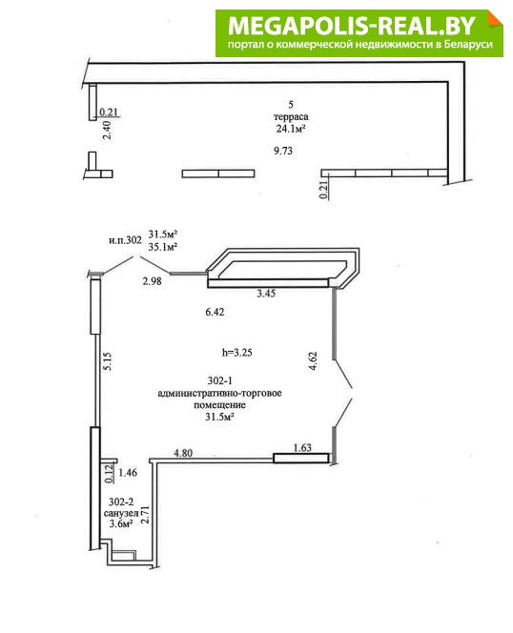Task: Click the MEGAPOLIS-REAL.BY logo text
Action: pyautogui.click(x=352, y=25)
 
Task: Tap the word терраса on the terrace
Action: pyautogui.click(x=291, y=116)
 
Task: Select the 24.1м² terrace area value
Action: pyautogui.click(x=291, y=129)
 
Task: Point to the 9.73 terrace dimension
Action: pyautogui.click(x=283, y=151)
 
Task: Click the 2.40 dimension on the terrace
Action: pyautogui.click(x=108, y=131)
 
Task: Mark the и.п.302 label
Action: pyautogui.click(x=125, y=240)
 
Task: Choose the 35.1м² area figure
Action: pyautogui.click(x=163, y=247)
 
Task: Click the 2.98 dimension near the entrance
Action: pyautogui.click(x=152, y=281)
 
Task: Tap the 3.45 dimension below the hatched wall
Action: pyautogui.click(x=266, y=294)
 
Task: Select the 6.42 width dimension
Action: pyautogui.click(x=215, y=312)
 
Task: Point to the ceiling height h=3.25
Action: pyautogui.click(x=237, y=353)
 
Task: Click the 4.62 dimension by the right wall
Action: pyautogui.click(x=313, y=361)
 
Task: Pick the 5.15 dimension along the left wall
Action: pyautogui.click(x=108, y=361)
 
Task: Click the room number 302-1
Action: pyautogui.click(x=219, y=380)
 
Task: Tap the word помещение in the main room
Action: pyautogui.click(x=219, y=405)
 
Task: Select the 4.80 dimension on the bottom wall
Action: pyautogui.click(x=183, y=453)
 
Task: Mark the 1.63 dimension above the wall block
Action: pyautogui.click(x=302, y=447)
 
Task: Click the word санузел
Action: pyautogui.click(x=121, y=513)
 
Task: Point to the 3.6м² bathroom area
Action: pyautogui.click(x=121, y=524)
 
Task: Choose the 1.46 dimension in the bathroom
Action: pyautogui.click(x=128, y=472)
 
